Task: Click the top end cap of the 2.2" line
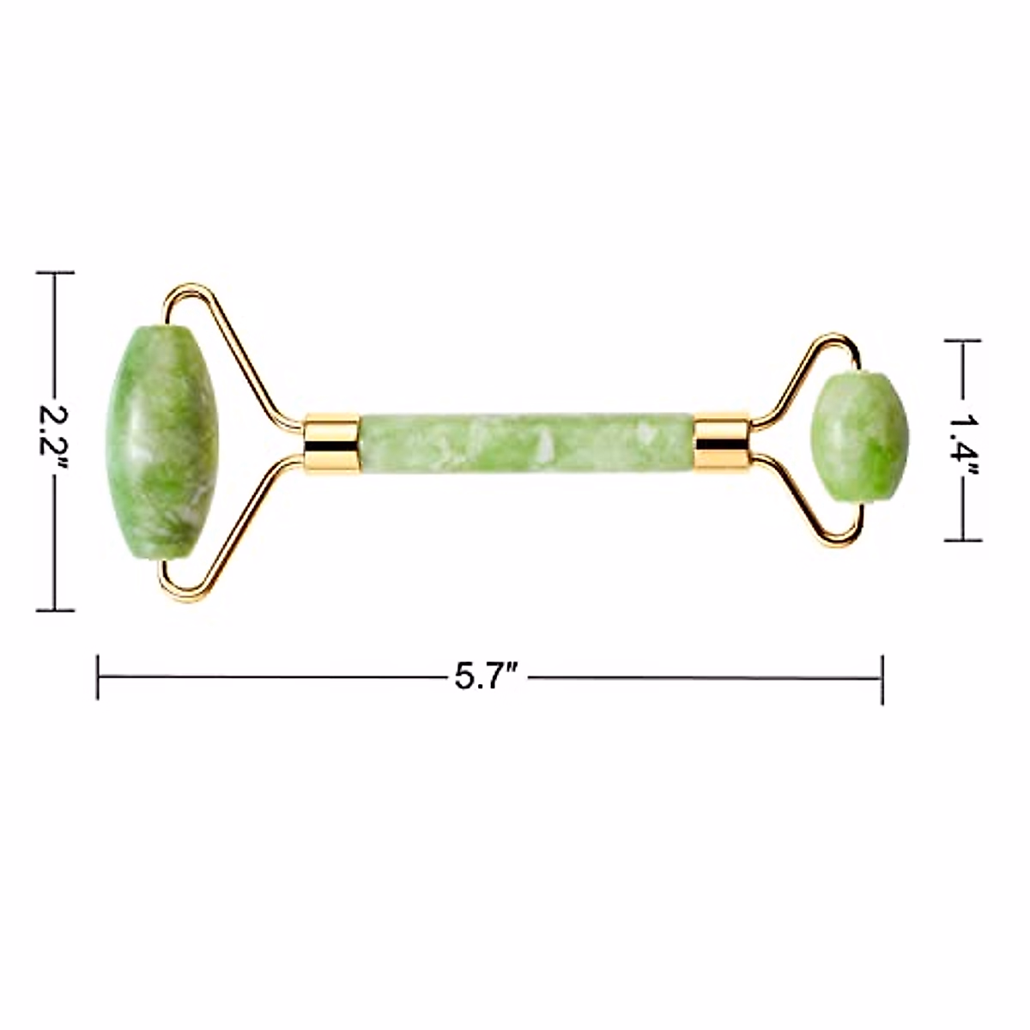[x=56, y=273]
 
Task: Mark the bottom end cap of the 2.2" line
[x=56, y=610]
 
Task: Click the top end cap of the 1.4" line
[x=962, y=341]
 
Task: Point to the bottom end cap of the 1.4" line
[x=962, y=540]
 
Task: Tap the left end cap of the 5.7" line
[x=99, y=677]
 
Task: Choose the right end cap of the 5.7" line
[x=882, y=677]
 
